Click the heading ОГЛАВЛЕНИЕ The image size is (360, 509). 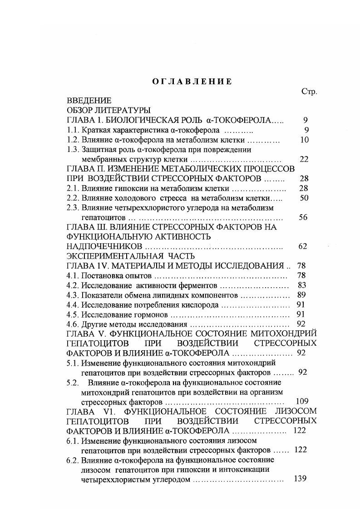click(192, 82)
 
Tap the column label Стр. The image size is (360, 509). click(309, 91)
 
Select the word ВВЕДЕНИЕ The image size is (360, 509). click(89, 101)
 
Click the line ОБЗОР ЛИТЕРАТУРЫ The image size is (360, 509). click(109, 110)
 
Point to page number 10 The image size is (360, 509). click(304, 140)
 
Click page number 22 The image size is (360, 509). click(304, 159)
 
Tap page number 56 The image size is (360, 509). click(303, 217)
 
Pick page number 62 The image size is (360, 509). click(303, 246)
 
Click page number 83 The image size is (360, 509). click(301, 285)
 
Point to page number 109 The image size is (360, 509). click(301, 401)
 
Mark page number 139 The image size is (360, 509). click(300, 479)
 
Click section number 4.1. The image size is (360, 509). click(73, 275)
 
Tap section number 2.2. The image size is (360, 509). click(73, 198)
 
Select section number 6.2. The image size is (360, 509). click(73, 460)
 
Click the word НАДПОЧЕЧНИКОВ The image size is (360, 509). click(104, 246)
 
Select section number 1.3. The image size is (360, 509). click(73, 149)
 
